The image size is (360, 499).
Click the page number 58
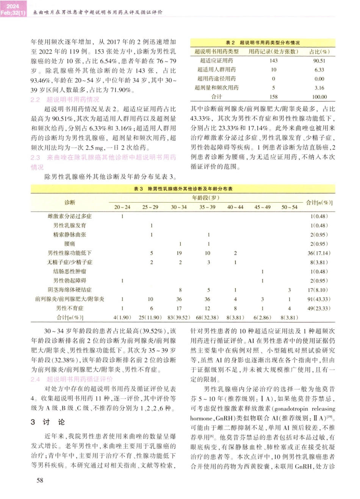[39, 480]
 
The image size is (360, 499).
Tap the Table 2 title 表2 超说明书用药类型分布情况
[262, 43]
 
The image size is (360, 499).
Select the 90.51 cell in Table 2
[319, 61]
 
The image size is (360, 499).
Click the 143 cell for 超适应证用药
[273, 61]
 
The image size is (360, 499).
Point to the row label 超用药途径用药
[216, 79]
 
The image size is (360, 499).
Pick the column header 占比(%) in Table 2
[319, 51]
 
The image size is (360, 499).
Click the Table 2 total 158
[273, 97]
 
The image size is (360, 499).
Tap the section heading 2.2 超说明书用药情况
[65, 100]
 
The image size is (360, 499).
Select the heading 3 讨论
[48, 422]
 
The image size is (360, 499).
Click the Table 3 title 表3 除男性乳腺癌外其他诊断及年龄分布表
[183, 189]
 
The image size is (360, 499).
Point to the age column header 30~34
[179, 207]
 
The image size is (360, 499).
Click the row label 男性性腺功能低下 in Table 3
[70, 253]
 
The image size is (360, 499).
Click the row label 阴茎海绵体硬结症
[70, 290]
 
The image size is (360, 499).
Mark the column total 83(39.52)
[179, 317]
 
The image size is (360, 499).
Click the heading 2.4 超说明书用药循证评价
[72, 379]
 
